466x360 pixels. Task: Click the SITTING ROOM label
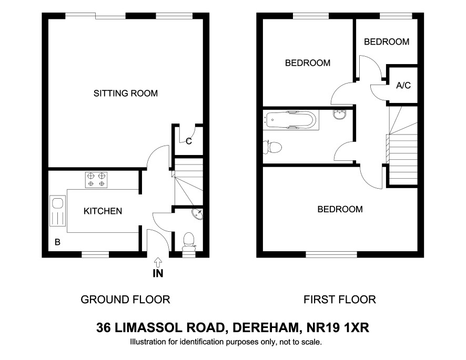click(x=125, y=93)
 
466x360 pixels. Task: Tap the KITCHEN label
click(x=103, y=211)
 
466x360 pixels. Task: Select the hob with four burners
click(x=96, y=180)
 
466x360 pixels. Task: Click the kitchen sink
click(x=57, y=211)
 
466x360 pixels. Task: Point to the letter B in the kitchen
click(x=58, y=242)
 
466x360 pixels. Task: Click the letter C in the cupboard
click(x=189, y=141)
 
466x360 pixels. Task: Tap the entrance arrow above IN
click(x=158, y=262)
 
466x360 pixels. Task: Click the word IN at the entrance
click(x=158, y=273)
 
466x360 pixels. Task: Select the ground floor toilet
click(x=188, y=242)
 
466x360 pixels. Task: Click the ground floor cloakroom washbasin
click(x=197, y=214)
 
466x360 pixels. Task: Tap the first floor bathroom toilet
click(x=272, y=147)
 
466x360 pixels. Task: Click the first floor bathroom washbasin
click(x=340, y=114)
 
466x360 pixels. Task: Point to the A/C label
click(x=403, y=86)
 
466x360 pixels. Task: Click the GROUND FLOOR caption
click(x=125, y=300)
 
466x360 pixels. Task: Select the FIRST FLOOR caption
click(x=340, y=300)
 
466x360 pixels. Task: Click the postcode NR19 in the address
click(x=323, y=328)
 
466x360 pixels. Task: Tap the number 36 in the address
click(x=103, y=328)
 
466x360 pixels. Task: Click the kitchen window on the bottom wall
click(x=95, y=254)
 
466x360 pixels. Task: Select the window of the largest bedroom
click(x=331, y=254)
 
